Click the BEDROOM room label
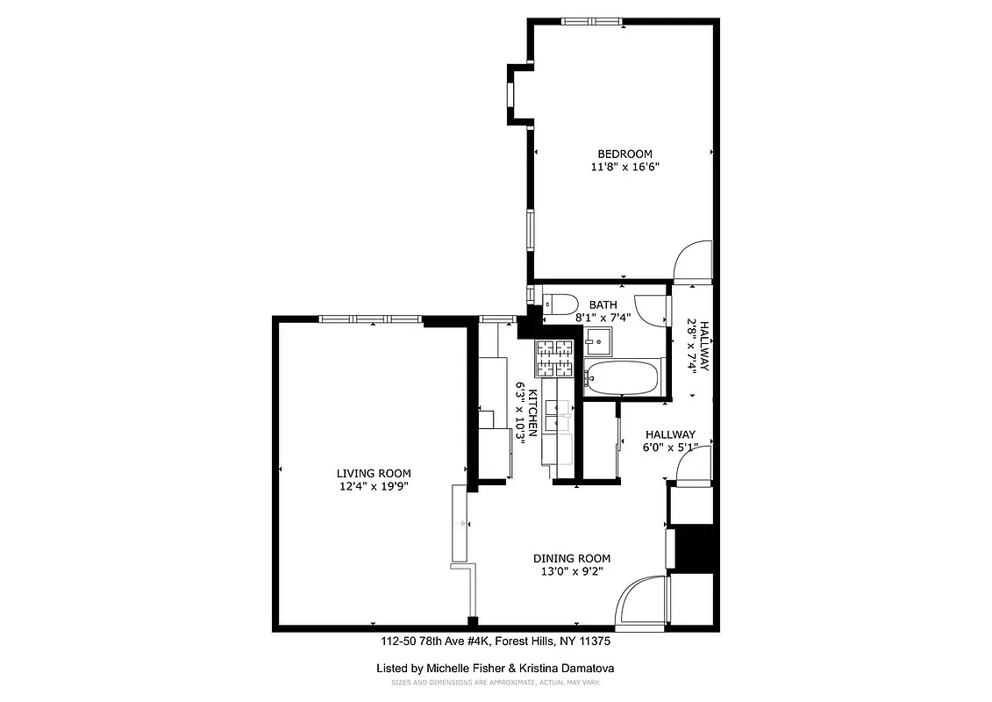click(624, 154)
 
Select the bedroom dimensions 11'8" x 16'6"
click(624, 167)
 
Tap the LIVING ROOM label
click(373, 473)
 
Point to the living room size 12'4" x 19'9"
click(373, 486)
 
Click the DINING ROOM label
click(572, 558)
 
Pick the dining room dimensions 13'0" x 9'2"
click(572, 571)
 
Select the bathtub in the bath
click(621, 377)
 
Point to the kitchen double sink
click(557, 415)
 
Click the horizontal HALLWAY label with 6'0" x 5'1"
click(670, 434)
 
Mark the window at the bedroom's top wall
click(592, 21)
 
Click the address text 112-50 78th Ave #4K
click(436, 641)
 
